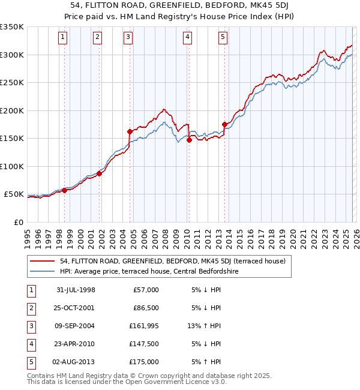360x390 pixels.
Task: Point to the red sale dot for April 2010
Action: [189, 140]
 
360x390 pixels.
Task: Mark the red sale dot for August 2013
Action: [224, 124]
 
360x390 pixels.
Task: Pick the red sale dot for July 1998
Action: [64, 190]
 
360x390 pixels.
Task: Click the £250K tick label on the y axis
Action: [12, 83]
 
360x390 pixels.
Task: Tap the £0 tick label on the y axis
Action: [18, 223]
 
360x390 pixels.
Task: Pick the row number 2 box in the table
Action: [31, 308]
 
